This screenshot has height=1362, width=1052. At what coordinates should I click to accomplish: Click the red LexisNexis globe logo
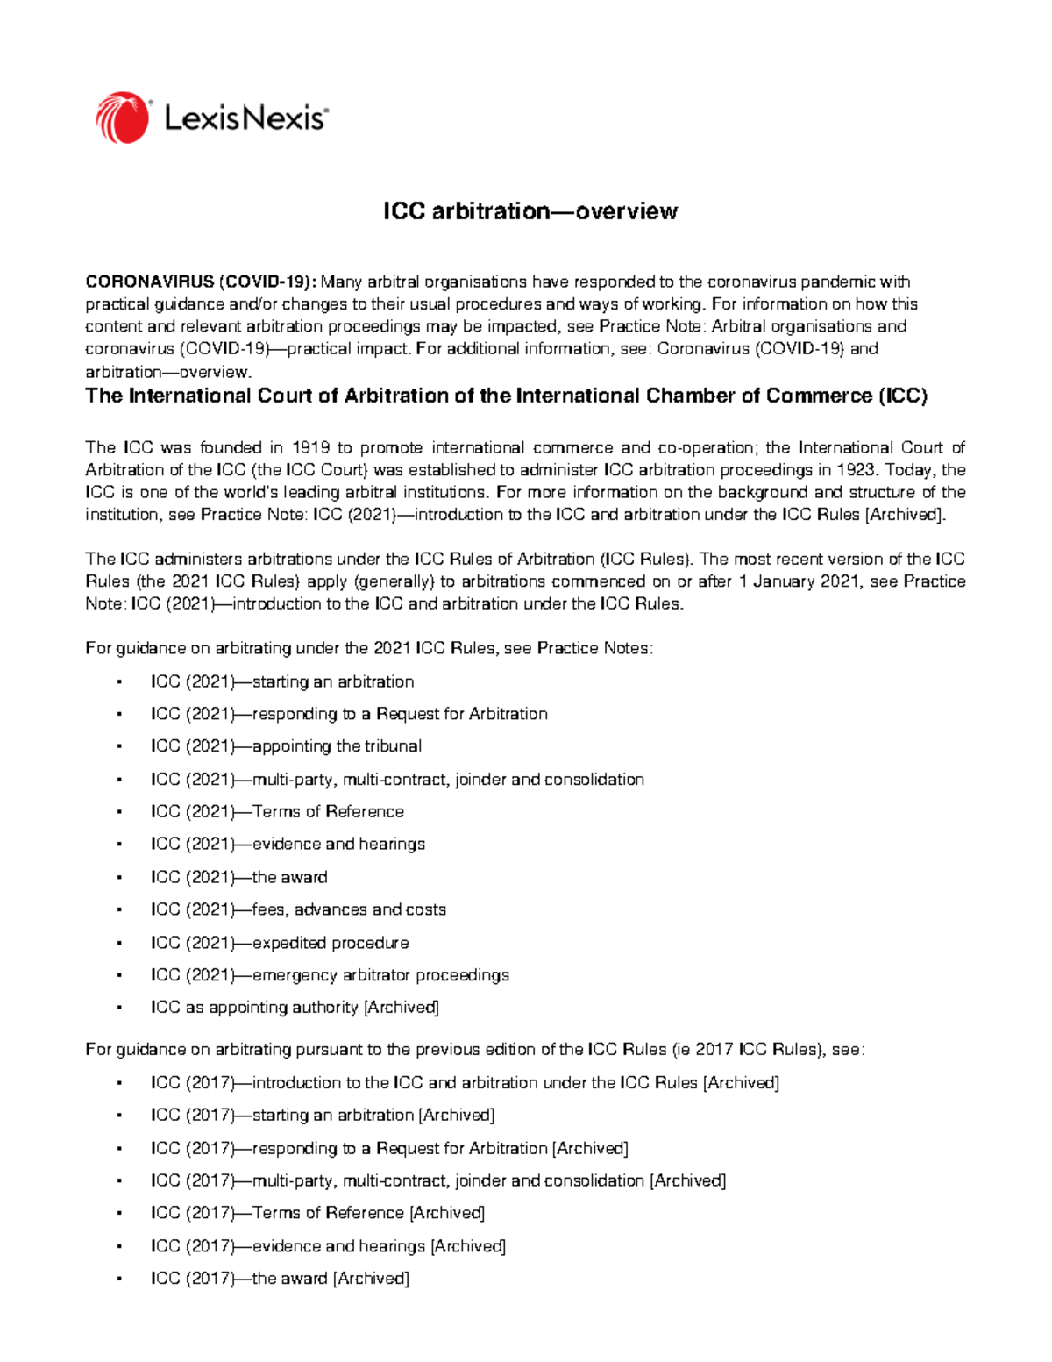click(123, 118)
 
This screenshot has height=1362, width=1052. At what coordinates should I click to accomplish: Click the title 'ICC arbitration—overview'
click(530, 211)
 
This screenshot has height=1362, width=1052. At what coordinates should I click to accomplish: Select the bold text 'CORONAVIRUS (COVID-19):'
click(201, 282)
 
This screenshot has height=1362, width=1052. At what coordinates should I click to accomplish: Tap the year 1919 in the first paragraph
click(311, 448)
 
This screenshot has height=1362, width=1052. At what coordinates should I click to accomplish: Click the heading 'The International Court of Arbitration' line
click(506, 396)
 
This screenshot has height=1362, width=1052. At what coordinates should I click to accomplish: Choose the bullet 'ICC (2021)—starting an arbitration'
click(282, 681)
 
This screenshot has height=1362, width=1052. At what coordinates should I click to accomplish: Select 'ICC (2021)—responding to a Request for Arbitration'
click(349, 714)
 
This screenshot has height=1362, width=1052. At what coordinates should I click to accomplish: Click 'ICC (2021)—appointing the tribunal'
click(286, 746)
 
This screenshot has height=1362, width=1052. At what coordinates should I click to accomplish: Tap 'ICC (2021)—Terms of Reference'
click(277, 811)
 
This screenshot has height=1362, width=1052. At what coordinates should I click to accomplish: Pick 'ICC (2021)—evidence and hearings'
click(288, 844)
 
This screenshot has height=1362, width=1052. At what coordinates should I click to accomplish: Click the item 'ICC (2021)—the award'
click(238, 877)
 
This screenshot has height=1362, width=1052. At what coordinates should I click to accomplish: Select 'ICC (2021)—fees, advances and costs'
click(298, 909)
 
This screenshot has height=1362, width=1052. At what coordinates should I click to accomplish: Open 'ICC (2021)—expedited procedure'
click(280, 943)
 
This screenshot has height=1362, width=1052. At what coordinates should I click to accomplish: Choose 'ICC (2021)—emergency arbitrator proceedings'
click(330, 975)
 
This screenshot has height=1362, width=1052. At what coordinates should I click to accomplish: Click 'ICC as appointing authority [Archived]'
click(295, 1008)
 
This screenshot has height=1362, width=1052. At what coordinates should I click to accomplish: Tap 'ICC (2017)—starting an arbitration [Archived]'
click(323, 1115)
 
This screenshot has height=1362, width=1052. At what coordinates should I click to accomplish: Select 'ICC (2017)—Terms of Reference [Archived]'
click(317, 1213)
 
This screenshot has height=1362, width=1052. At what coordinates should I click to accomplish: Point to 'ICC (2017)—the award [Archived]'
click(280, 1279)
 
